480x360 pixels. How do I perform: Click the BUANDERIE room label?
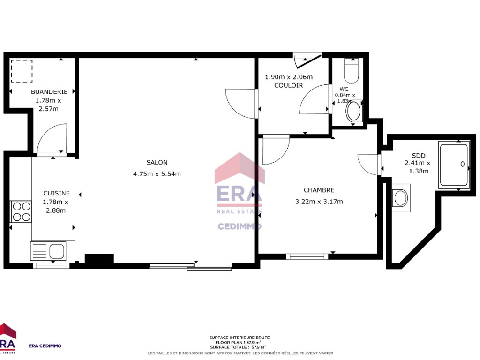click(x=49, y=91)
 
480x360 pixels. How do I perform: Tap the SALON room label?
click(x=157, y=163)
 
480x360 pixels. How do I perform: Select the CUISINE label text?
click(x=57, y=193)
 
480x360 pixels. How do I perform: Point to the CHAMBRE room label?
click(x=319, y=190)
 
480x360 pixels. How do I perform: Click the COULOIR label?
click(x=289, y=85)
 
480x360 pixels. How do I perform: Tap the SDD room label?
click(x=419, y=156)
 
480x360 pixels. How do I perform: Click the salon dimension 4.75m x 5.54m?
click(x=157, y=174)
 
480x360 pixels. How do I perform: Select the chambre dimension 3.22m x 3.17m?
click(x=319, y=202)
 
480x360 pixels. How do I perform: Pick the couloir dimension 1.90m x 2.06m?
click(x=289, y=77)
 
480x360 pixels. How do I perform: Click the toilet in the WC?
click(x=351, y=71)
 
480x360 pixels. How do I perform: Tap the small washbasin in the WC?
click(x=354, y=111)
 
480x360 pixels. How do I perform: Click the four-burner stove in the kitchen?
click(x=22, y=211)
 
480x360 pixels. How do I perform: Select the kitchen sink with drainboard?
click(x=48, y=251)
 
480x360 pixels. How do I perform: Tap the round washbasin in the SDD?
click(x=401, y=198)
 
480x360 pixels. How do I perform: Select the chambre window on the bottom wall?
click(x=307, y=256)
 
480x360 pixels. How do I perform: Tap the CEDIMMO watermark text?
click(x=240, y=226)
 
